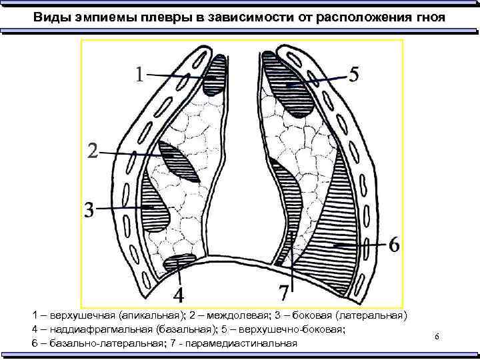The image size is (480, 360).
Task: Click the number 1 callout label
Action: (x=137, y=75)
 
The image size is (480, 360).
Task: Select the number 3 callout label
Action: (x=89, y=209)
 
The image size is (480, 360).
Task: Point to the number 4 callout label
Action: (x=179, y=293)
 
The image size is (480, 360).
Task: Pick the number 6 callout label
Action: (x=394, y=245)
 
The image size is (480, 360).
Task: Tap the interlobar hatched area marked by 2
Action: (x=178, y=162)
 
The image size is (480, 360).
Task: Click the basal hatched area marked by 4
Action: (x=179, y=262)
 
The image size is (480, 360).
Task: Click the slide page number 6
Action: (x=437, y=338)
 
